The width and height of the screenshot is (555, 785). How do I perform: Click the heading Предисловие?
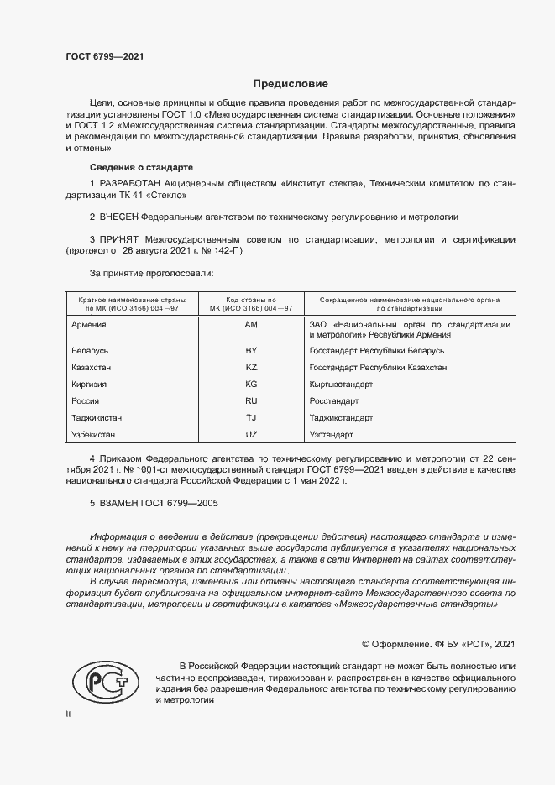point(291,84)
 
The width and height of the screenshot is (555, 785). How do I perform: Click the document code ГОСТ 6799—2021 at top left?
point(104,56)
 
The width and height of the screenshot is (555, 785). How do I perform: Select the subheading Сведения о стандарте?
point(141,167)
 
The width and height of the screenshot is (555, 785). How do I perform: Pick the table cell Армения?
point(89,324)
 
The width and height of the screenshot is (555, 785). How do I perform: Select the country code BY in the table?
point(250,349)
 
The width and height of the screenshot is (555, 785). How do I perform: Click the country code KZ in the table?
point(250,367)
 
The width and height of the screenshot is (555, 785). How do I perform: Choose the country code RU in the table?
point(250,400)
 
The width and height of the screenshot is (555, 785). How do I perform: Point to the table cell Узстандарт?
point(331,434)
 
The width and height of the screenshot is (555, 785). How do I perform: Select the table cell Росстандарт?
point(334,400)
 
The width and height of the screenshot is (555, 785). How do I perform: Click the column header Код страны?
point(250,299)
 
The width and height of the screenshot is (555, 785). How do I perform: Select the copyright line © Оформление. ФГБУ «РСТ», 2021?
point(437,644)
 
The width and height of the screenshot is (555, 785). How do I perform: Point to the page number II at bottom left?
point(69,714)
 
